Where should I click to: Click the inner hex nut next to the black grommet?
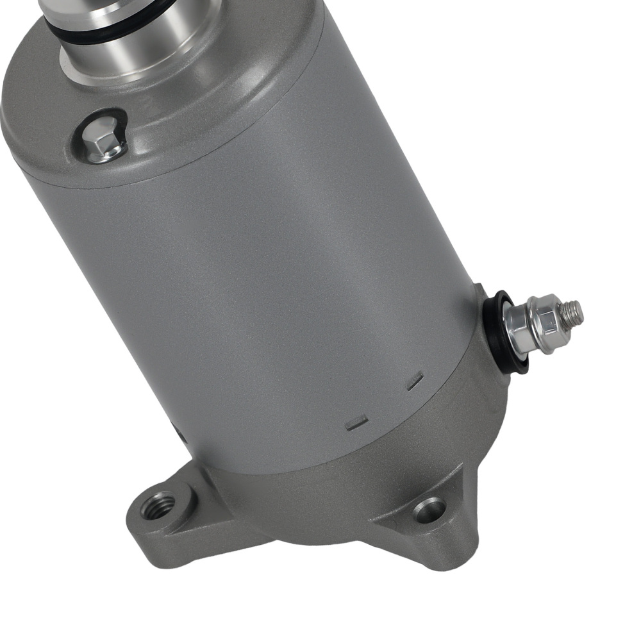pyautogui.click(x=520, y=328)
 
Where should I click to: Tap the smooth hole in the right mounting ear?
pyautogui.click(x=430, y=510)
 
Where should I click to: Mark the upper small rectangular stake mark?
pyautogui.click(x=415, y=381)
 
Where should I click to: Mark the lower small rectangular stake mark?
pyautogui.click(x=356, y=422)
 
